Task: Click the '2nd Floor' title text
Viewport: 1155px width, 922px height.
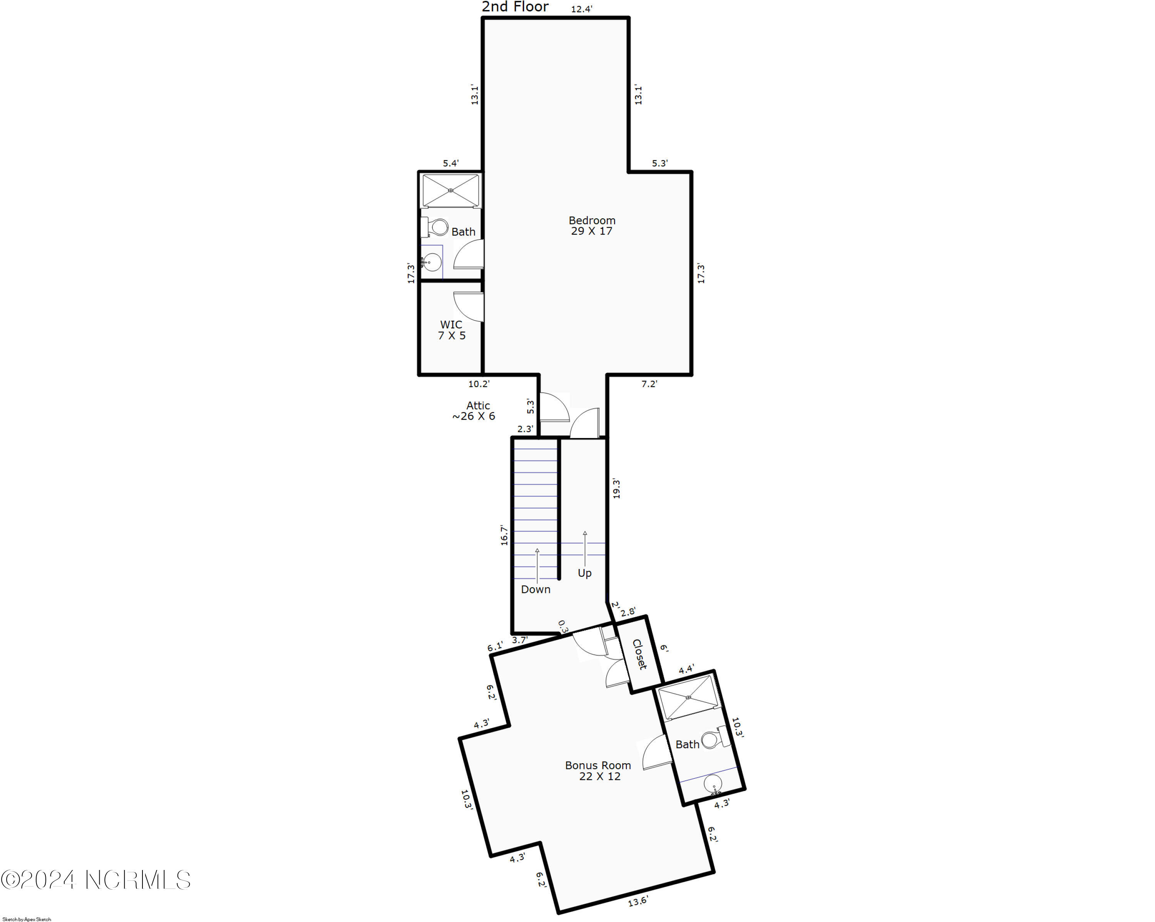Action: (x=515, y=7)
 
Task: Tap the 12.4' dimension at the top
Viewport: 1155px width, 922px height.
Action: (x=581, y=9)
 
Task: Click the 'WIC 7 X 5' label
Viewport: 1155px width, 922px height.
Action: (x=451, y=330)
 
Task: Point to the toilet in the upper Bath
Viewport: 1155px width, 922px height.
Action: (x=437, y=227)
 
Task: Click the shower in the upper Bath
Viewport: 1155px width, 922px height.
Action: (x=450, y=190)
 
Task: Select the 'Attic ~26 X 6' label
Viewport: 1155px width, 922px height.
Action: (x=474, y=411)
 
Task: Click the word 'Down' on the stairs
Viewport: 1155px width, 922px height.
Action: (x=535, y=589)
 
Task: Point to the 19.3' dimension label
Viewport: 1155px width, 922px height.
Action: (x=616, y=489)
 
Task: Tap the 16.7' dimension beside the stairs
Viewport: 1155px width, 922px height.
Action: (x=504, y=535)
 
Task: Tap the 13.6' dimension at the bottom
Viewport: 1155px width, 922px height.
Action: (x=638, y=902)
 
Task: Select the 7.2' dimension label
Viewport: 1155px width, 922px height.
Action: (x=649, y=384)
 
